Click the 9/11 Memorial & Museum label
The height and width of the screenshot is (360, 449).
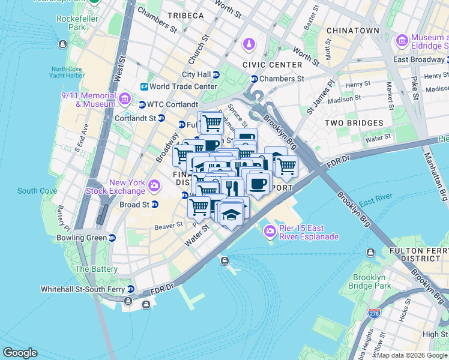tap(88, 100)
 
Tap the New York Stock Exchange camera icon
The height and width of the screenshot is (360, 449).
tap(154, 185)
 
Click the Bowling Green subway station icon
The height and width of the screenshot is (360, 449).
tap(112, 238)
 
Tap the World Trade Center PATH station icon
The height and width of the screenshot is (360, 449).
tap(144, 86)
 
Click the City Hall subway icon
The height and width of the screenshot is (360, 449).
tap(216, 74)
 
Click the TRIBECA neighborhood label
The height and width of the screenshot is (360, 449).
tap(185, 16)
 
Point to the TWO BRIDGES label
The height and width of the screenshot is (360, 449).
tap(354, 123)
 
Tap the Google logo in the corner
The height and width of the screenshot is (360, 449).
tap(20, 353)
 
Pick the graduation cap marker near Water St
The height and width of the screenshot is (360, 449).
tap(231, 215)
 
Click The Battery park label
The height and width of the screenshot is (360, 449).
tap(95, 269)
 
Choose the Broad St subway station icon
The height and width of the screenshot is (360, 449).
tap(154, 204)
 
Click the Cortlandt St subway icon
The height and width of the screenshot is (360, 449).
tap(161, 118)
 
